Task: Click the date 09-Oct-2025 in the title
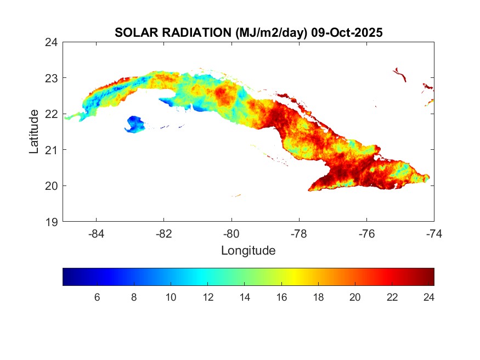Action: pyautogui.click(x=347, y=33)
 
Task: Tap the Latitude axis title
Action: pyautogui.click(x=34, y=131)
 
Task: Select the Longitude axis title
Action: pyautogui.click(x=248, y=251)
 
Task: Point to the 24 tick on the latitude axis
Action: pyautogui.click(x=53, y=42)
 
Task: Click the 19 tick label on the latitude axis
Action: pyautogui.click(x=53, y=222)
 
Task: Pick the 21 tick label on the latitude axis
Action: pyautogui.click(x=53, y=150)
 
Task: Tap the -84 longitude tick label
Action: pyautogui.click(x=97, y=233)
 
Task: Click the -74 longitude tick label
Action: pyautogui.click(x=434, y=233)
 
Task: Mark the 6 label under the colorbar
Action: pyautogui.click(x=97, y=297)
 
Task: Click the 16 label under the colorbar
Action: pyautogui.click(x=281, y=297)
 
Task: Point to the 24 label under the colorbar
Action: pyautogui.click(x=429, y=297)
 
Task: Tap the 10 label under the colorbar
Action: pyautogui.click(x=171, y=297)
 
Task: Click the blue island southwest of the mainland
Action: pyautogui.click(x=134, y=124)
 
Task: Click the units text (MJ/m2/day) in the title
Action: pyautogui.click(x=271, y=33)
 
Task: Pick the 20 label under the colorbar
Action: pyautogui.click(x=355, y=297)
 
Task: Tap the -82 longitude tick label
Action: pyautogui.click(x=164, y=233)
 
